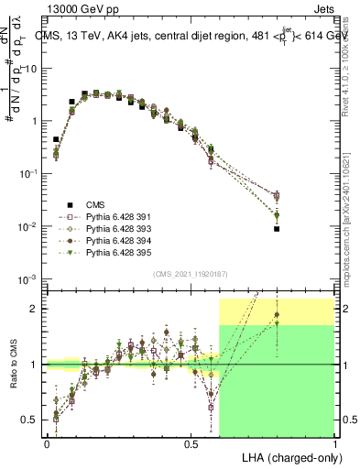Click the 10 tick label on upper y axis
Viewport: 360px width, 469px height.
31,69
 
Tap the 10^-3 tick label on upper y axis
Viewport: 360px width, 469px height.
29,278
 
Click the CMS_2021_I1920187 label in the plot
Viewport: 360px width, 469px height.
191,273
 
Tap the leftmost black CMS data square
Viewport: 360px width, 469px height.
56,140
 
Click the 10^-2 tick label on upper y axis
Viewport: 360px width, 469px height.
29,226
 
